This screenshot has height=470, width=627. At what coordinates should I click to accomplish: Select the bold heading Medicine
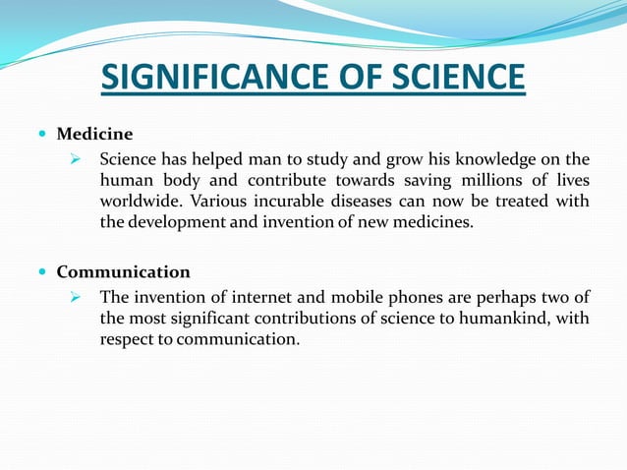click(94, 133)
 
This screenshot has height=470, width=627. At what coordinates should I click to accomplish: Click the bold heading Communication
click(123, 271)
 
